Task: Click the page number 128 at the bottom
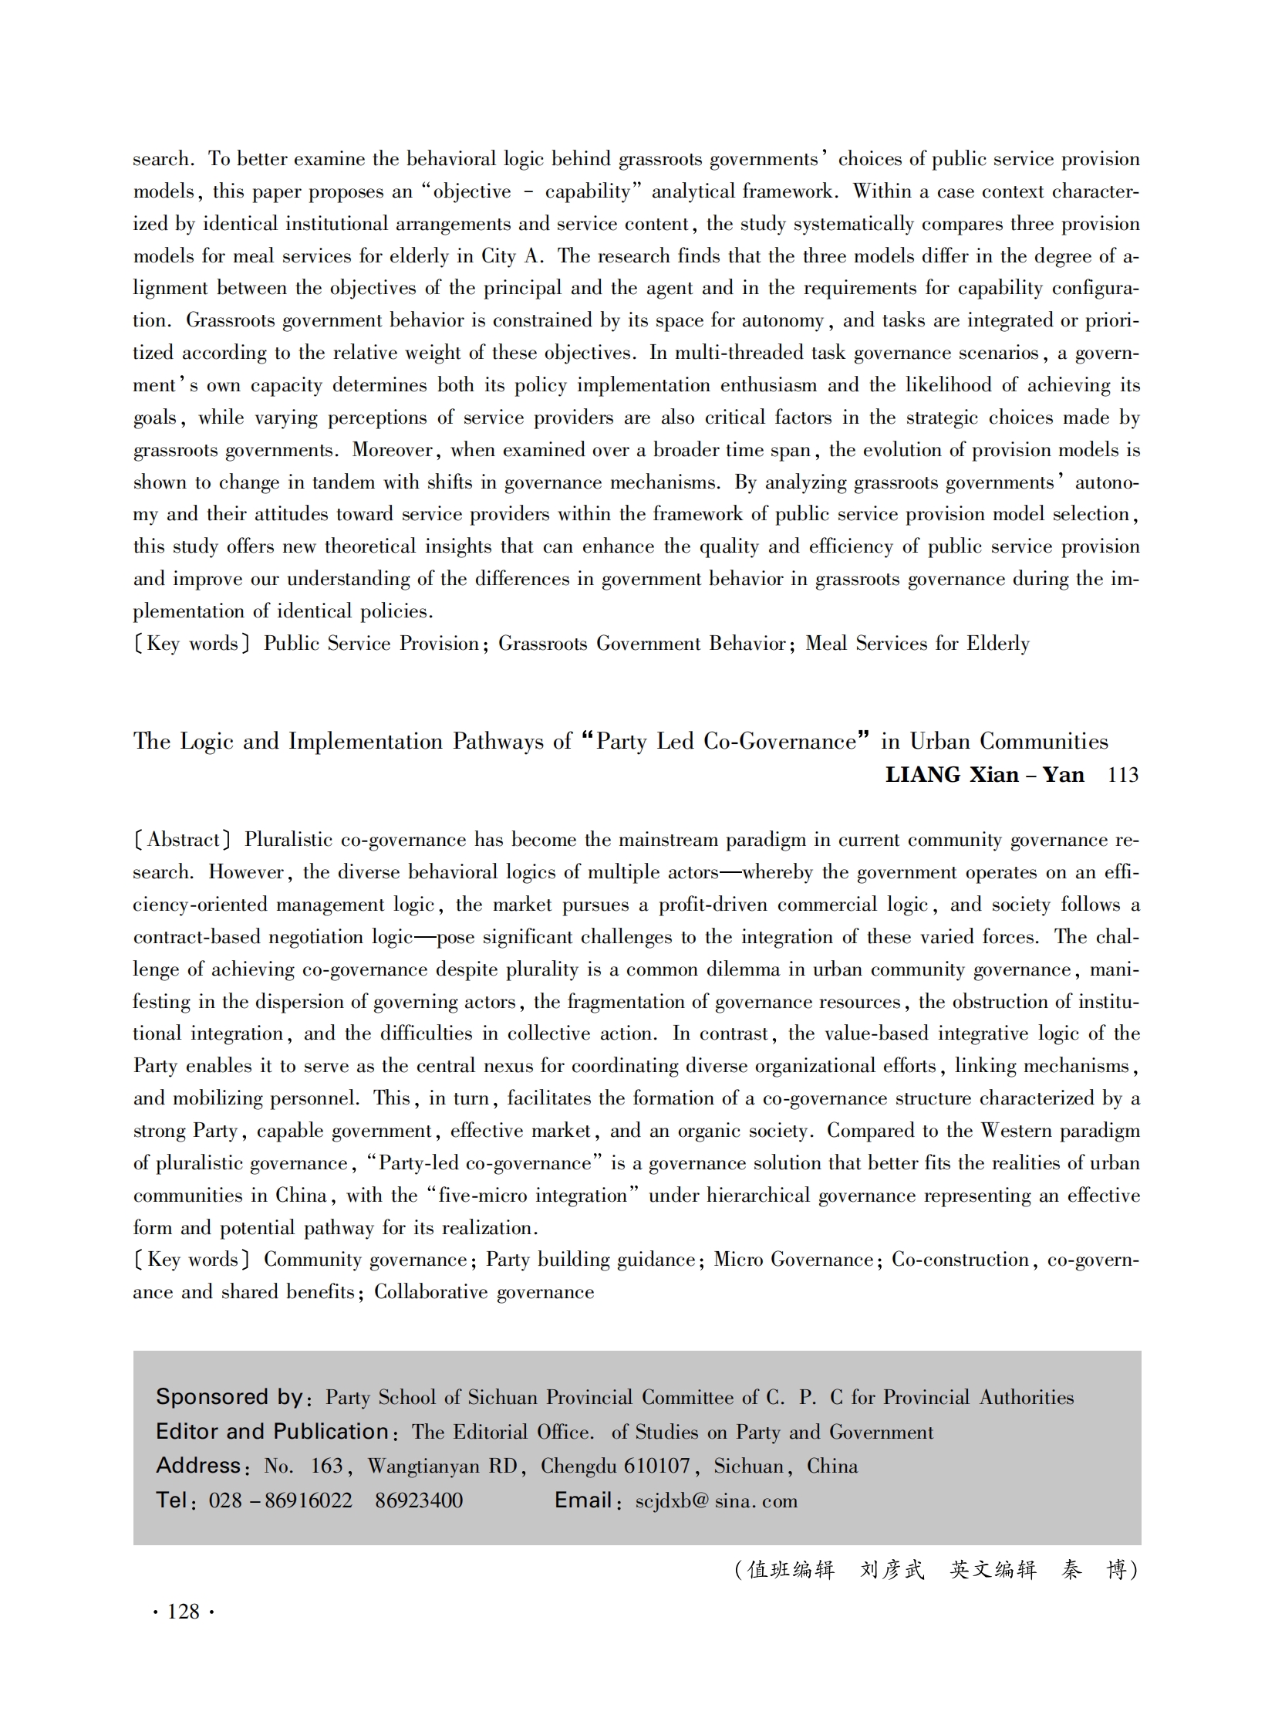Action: pyautogui.click(x=184, y=1612)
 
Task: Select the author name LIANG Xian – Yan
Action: pyautogui.click(x=984, y=774)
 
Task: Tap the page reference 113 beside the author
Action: pyautogui.click(x=1123, y=775)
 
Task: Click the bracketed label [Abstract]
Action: pyautogui.click(x=182, y=839)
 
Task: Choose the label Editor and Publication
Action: pyautogui.click(x=272, y=1432)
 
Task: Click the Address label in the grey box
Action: pyautogui.click(x=199, y=1466)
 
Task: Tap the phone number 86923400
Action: pyautogui.click(x=418, y=1500)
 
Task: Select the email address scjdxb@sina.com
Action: pyautogui.click(x=717, y=1501)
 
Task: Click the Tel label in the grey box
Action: pyautogui.click(x=172, y=1500)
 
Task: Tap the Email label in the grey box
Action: pyautogui.click(x=583, y=1500)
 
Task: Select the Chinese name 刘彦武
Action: pyautogui.click(x=892, y=1570)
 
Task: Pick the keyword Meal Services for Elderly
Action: pyautogui.click(x=918, y=643)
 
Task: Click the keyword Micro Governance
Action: pyautogui.click(x=793, y=1260)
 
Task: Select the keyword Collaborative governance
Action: pyautogui.click(x=484, y=1292)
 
